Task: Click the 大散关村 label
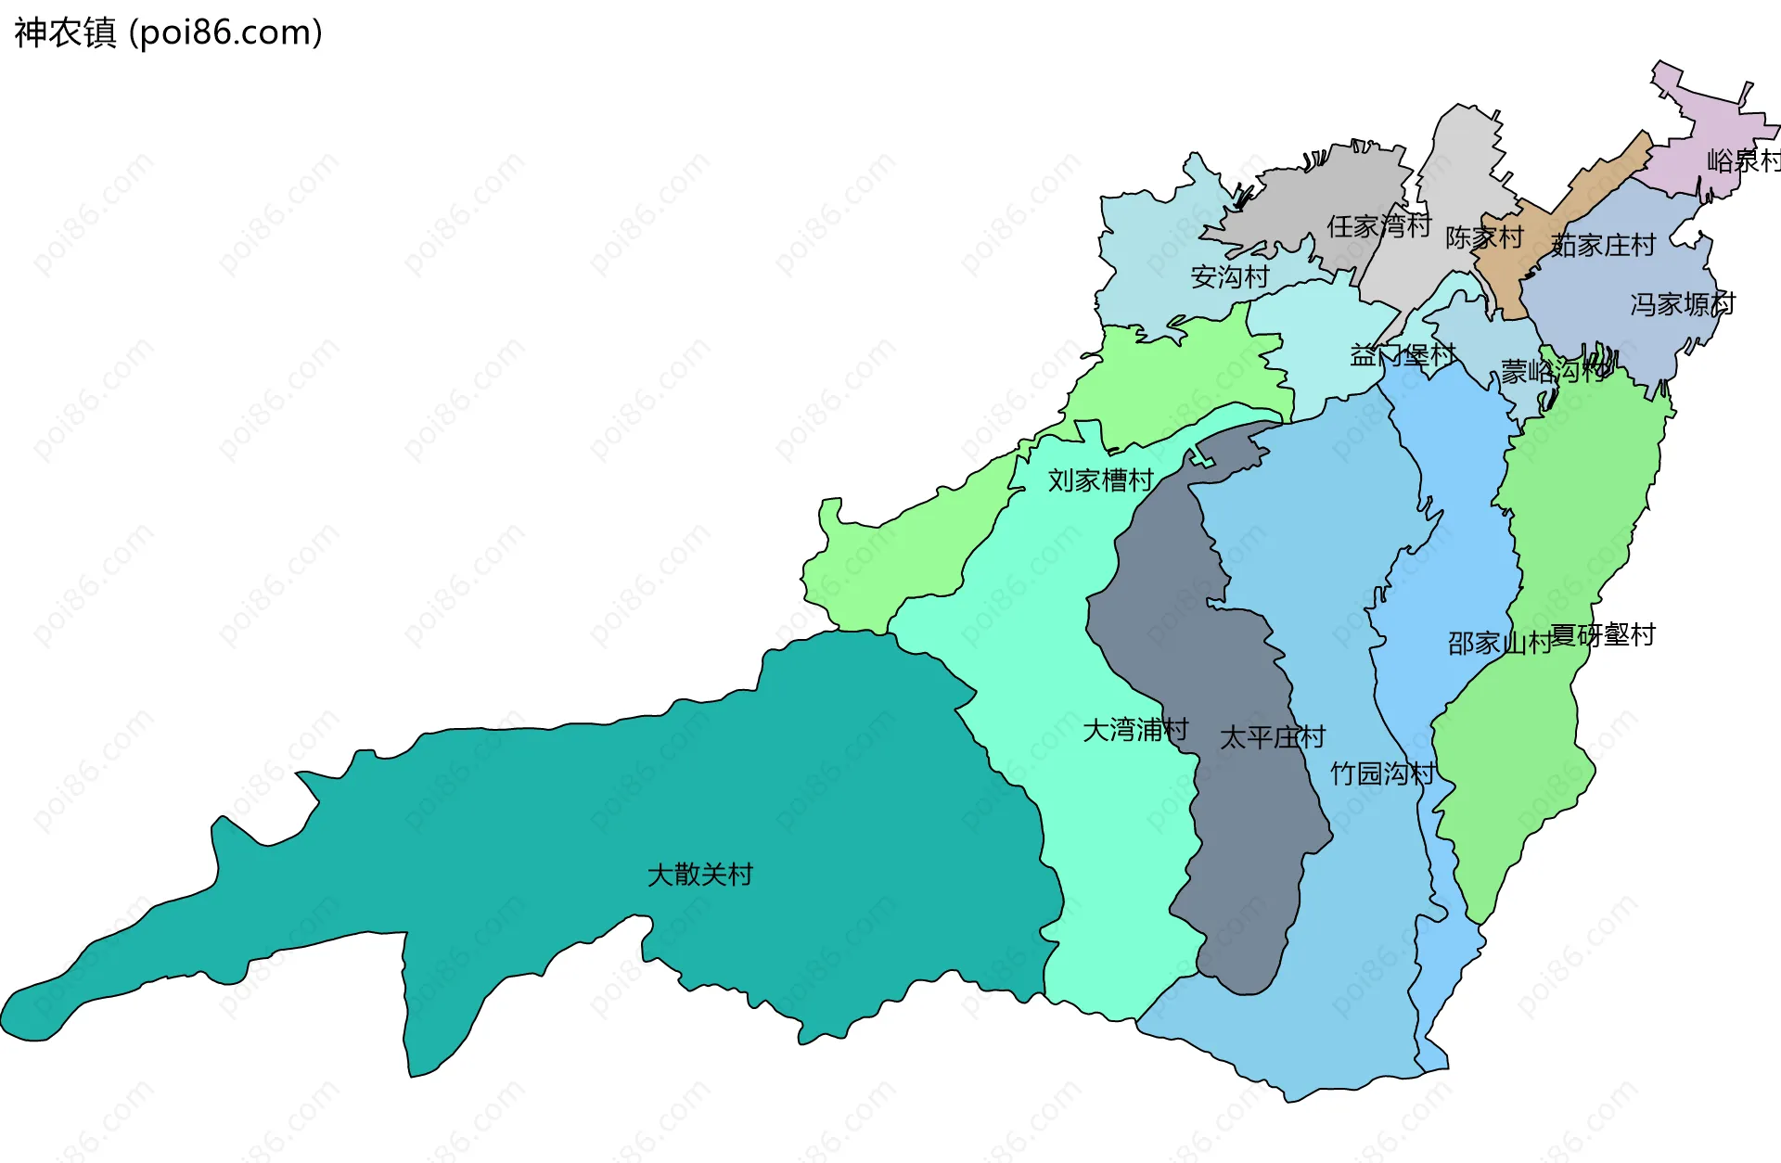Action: [x=699, y=875]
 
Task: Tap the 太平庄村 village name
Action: [x=1272, y=738]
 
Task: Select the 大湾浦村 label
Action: [x=1135, y=731]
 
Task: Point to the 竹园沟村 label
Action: [x=1382, y=773]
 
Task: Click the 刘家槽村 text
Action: [x=1100, y=480]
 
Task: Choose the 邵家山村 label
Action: [x=1499, y=643]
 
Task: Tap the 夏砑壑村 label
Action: [x=1603, y=635]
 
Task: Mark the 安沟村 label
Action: [x=1229, y=277]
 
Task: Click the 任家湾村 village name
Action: [x=1378, y=226]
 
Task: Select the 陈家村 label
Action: [x=1484, y=238]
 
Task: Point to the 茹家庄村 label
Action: [x=1603, y=246]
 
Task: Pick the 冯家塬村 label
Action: [x=1683, y=304]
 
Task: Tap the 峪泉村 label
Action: [x=1744, y=161]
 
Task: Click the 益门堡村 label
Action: [x=1403, y=355]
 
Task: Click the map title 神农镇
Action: [x=65, y=33]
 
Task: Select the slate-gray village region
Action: [x=1206, y=649]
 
